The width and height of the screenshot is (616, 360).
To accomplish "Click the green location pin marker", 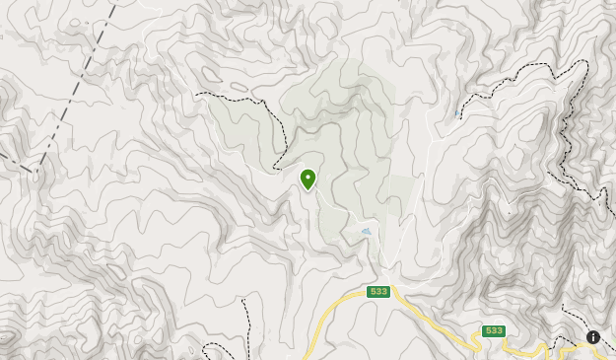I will pyautogui.click(x=308, y=179).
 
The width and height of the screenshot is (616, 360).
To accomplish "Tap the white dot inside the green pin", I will pyautogui.click(x=308, y=177).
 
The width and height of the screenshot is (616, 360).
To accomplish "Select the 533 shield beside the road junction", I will pyautogui.click(x=377, y=292).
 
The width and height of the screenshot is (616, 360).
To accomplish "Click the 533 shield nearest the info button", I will pyautogui.click(x=494, y=330).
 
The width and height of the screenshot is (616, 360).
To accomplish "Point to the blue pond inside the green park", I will pyautogui.click(x=367, y=232).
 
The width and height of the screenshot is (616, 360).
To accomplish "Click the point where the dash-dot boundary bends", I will pyautogui.click(x=37, y=170).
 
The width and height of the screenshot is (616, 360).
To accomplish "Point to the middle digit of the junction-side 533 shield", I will pyautogui.click(x=377, y=292).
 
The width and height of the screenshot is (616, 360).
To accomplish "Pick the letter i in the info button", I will pyautogui.click(x=593, y=337).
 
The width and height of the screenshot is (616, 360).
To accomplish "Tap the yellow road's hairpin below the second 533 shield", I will pyautogui.click(x=477, y=345).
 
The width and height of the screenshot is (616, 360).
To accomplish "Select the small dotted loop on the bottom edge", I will pyautogui.click(x=211, y=351).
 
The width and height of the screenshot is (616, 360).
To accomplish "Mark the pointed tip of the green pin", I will pyautogui.click(x=308, y=190).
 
